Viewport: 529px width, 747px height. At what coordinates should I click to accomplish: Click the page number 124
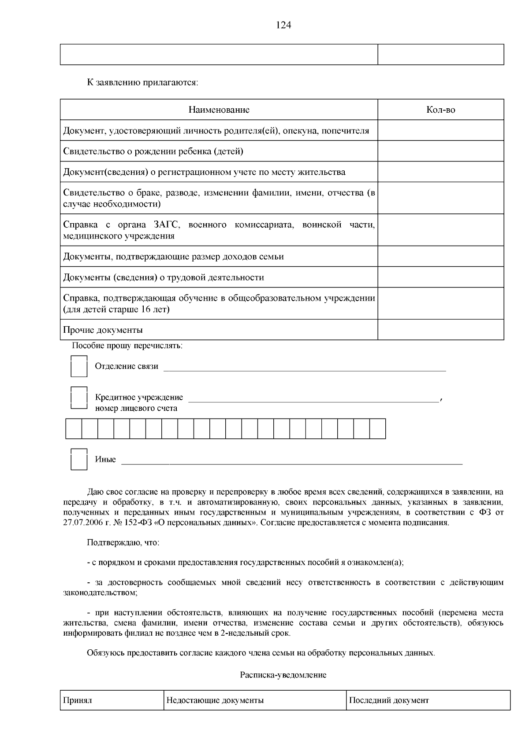coord(283,25)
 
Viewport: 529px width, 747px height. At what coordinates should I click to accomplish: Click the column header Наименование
coord(219,110)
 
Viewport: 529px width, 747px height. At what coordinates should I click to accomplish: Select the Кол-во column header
coord(440,110)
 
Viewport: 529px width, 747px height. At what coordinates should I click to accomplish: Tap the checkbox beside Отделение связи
coord(79,366)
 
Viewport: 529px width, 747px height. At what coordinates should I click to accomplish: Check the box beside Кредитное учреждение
coord(79,398)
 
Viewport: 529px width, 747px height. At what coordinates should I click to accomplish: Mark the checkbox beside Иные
coord(79,459)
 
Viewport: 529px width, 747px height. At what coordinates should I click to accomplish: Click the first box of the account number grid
coord(74,429)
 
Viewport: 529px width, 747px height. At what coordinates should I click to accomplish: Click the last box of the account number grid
coord(377,429)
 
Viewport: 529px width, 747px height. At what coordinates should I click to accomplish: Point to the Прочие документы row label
coord(103,330)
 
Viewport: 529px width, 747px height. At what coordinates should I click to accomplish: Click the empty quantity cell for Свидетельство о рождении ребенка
coord(440,151)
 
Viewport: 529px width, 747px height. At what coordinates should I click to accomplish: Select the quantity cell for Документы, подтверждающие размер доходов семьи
coord(440,256)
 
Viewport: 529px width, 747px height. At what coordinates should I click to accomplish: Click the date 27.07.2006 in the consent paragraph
coord(82,523)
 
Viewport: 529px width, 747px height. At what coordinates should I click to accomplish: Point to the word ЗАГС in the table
coord(167,225)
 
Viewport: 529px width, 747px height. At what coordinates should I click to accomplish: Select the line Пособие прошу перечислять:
coord(127,346)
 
